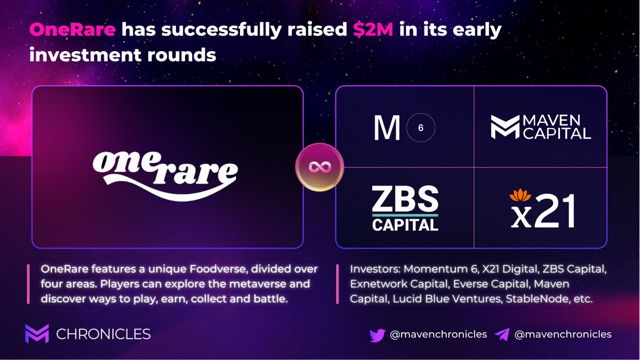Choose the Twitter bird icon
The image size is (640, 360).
coord(377,334)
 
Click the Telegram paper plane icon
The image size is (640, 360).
coord(502,334)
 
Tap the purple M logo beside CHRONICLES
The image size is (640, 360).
coord(37,334)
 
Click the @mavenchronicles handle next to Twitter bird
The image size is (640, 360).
coord(438,334)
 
